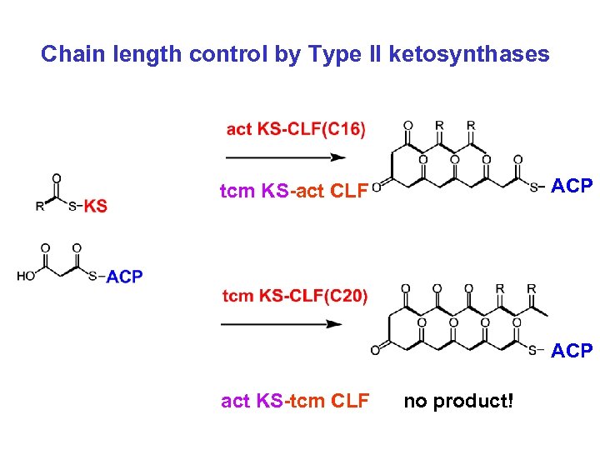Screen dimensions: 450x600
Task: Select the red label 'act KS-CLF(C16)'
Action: coord(296,128)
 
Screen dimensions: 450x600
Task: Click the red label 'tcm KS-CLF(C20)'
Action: coord(295,296)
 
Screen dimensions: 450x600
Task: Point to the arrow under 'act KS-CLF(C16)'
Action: coord(286,157)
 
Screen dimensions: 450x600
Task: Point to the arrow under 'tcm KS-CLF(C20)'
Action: coord(283,323)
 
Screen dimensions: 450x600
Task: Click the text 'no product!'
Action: coord(459,402)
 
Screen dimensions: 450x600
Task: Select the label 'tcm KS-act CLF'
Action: coord(293,192)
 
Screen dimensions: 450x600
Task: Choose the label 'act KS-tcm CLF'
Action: coord(295,402)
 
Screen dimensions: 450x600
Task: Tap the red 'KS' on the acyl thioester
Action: coord(96,207)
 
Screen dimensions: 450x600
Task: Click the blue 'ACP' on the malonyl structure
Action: coord(125,277)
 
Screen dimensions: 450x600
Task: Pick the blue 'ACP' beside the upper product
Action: coord(572,186)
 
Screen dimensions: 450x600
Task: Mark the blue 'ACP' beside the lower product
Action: coord(572,351)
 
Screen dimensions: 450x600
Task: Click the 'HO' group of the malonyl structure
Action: coord(26,277)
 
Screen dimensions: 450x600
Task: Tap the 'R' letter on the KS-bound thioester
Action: coord(39,207)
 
